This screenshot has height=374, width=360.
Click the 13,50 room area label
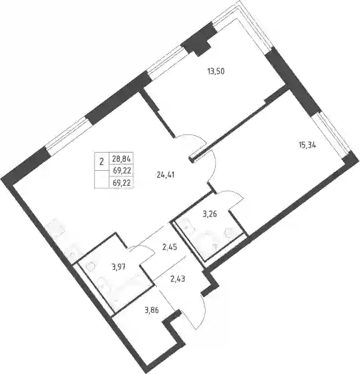[216, 71]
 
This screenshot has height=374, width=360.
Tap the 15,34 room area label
[307, 144]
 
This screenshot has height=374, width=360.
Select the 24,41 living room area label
[166, 175]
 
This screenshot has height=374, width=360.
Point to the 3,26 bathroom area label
[209, 215]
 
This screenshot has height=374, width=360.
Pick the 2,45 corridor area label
[169, 248]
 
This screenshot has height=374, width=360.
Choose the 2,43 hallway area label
[177, 279]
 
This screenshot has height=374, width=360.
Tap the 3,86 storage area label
[151, 310]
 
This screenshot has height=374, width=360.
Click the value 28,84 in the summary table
[122, 159]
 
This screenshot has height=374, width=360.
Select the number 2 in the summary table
[102, 162]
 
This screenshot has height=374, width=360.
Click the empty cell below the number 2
[102, 179]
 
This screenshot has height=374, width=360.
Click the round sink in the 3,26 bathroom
[228, 232]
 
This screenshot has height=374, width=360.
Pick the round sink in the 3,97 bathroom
[91, 266]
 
